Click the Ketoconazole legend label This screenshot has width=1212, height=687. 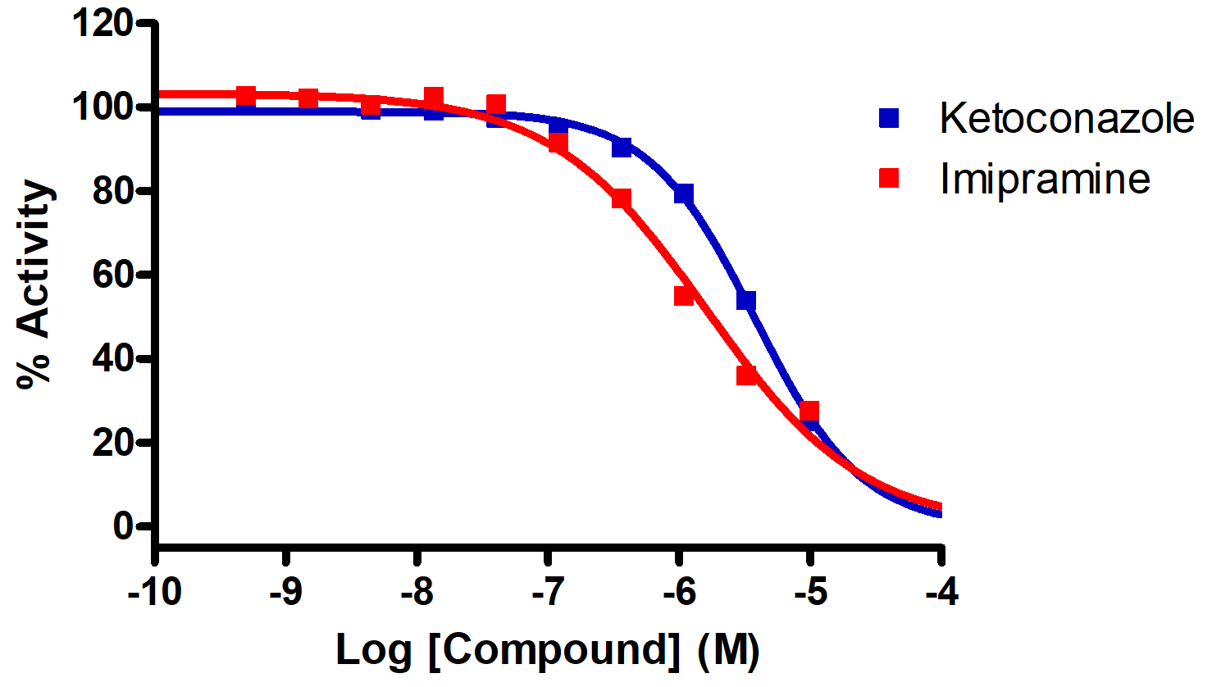click(1066, 119)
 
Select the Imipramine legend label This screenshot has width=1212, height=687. click(1045, 180)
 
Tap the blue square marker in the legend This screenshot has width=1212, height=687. click(889, 118)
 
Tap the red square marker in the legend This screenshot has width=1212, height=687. click(889, 178)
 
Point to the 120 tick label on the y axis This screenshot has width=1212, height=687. click(103, 24)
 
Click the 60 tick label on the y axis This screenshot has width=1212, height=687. click(112, 275)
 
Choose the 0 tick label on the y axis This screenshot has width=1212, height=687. click(123, 525)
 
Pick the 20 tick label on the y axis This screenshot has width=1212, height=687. click(112, 443)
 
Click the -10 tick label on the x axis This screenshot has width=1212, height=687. click(154, 591)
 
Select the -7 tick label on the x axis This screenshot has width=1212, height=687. click(548, 591)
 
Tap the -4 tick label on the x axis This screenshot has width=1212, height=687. click(941, 591)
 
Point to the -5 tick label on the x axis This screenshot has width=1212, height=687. click(810, 591)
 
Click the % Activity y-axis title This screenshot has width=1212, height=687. click(35, 283)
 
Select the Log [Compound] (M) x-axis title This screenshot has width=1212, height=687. click(548, 650)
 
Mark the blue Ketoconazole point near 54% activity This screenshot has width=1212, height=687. click(746, 301)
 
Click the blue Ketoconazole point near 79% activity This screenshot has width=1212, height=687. click(684, 193)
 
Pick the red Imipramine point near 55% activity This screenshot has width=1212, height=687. click(684, 295)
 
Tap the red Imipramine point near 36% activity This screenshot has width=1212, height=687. click(746, 375)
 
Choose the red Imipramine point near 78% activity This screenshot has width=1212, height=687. click(621, 199)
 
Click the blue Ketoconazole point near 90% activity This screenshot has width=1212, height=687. click(622, 148)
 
